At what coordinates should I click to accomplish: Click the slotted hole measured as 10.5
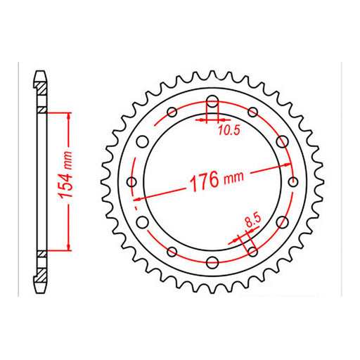[x=212, y=104]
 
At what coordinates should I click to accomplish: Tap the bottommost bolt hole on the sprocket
[x=212, y=262]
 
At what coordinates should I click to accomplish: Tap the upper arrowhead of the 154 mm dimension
[x=68, y=115]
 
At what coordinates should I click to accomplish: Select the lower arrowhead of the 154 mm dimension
[x=68, y=247]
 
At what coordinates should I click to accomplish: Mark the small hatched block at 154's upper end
[x=42, y=110]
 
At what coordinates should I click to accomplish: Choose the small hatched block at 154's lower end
[x=42, y=252]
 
